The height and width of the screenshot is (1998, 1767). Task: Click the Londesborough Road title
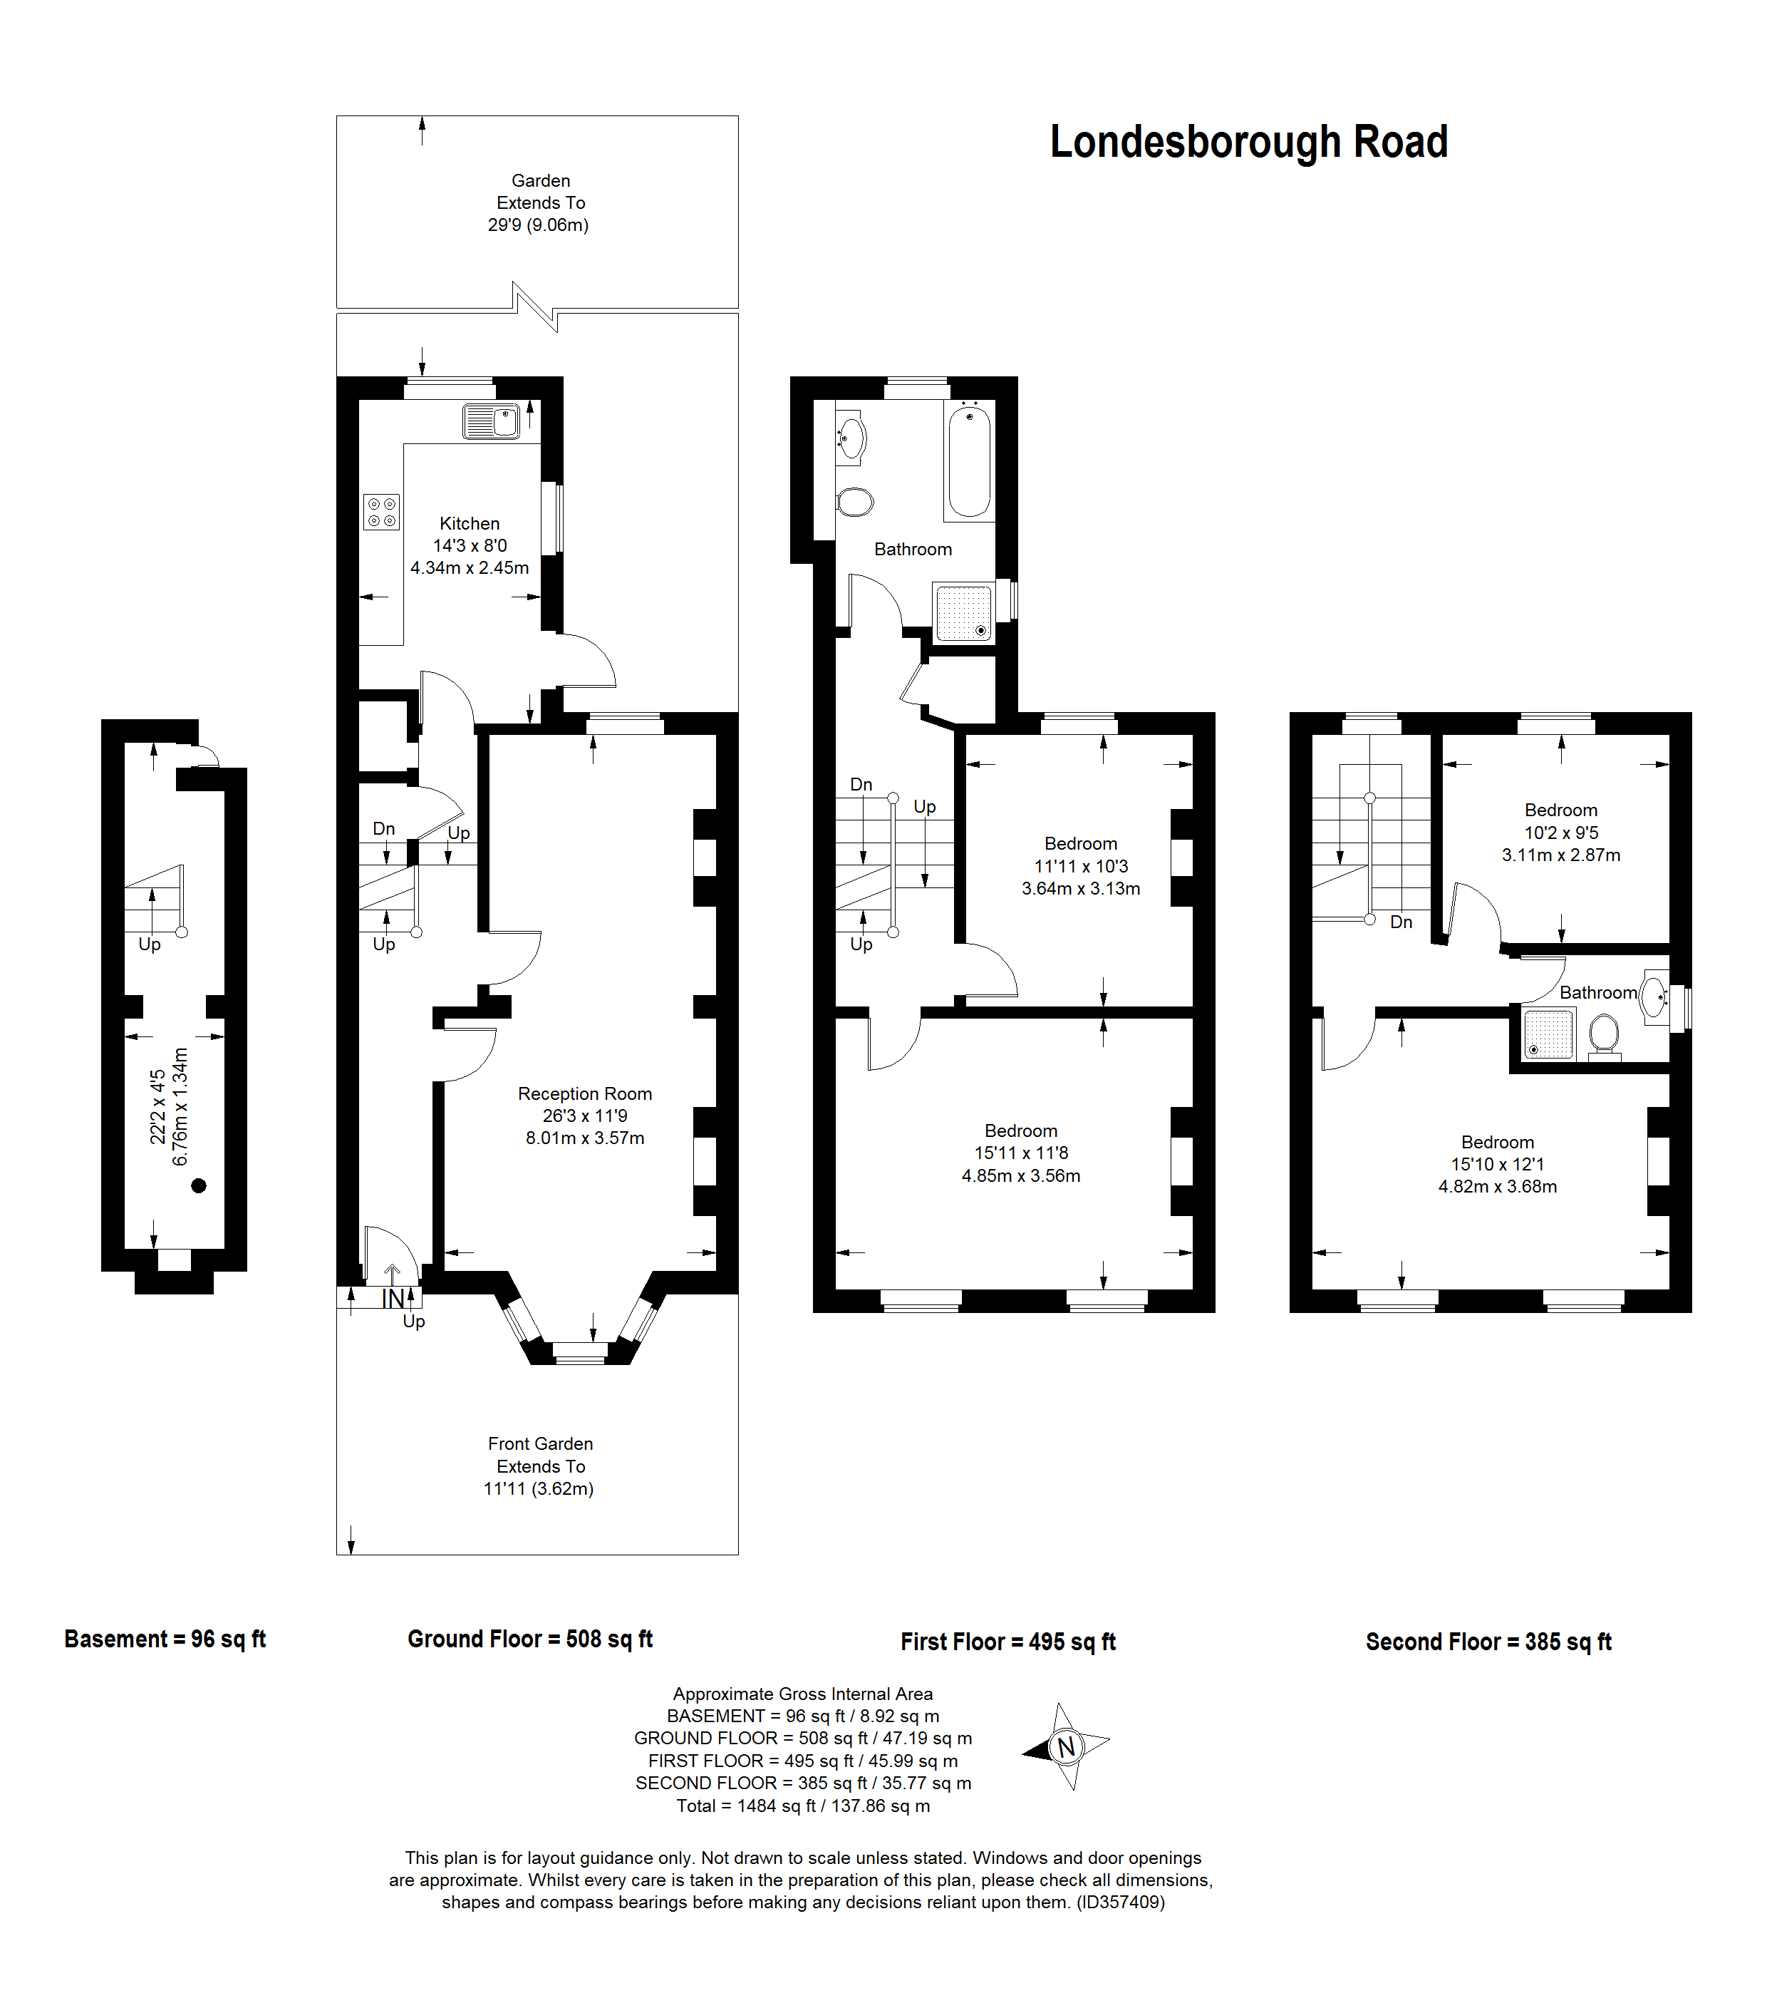click(x=1248, y=142)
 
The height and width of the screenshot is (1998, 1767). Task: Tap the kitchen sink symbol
click(x=492, y=421)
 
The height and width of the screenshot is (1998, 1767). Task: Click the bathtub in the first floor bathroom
click(x=968, y=461)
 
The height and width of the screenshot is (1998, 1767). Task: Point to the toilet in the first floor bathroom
click(x=855, y=501)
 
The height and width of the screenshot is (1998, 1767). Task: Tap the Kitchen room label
click(x=469, y=524)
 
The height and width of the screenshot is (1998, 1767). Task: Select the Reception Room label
click(x=584, y=1094)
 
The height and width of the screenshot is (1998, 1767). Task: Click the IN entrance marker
click(x=393, y=1299)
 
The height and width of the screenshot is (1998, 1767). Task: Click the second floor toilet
click(x=1604, y=1035)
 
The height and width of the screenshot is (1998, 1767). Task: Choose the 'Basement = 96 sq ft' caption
click(x=165, y=1639)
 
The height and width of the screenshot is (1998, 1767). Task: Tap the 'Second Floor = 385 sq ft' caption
click(x=1488, y=1642)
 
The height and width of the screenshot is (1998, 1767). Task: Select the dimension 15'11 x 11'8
click(x=1021, y=1153)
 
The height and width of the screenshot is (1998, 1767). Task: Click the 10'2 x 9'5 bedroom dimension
click(x=1561, y=833)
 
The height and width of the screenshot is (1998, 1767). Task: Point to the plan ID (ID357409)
click(x=1120, y=1902)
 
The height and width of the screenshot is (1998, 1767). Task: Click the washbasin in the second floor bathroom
click(x=1654, y=997)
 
